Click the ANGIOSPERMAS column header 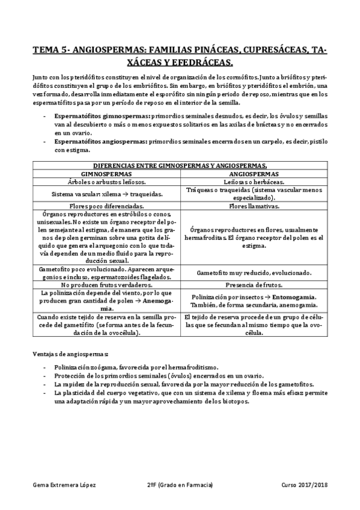click(252, 173)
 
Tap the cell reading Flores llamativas click(252, 205)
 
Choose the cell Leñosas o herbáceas click(252, 180)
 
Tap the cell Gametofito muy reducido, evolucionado click(252, 272)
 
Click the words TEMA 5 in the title click(50, 51)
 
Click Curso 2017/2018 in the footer click(304, 485)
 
